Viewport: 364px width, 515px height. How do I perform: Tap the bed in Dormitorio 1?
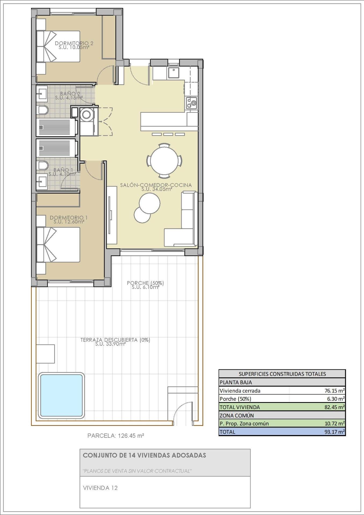[60, 245]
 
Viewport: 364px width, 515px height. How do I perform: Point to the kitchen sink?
[173, 73]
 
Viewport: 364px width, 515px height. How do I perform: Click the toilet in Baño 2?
[43, 110]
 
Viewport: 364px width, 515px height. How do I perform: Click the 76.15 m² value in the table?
[334, 391]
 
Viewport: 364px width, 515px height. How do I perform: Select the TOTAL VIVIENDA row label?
[240, 407]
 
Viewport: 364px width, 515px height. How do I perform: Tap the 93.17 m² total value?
[334, 432]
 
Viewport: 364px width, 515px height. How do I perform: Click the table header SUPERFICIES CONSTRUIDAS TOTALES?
[282, 374]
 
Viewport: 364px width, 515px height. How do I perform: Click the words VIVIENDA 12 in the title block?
[100, 488]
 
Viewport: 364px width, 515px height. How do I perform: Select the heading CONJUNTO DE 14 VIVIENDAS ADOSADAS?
[144, 455]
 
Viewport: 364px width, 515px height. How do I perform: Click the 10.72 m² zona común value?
[334, 424]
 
